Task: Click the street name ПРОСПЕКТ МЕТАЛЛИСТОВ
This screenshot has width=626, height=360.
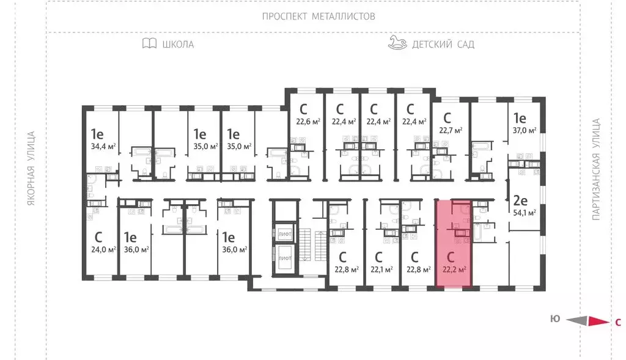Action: pyautogui.click(x=318, y=17)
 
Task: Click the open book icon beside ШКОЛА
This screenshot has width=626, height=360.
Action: pyautogui.click(x=149, y=43)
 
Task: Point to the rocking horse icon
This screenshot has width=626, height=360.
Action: pyautogui.click(x=397, y=42)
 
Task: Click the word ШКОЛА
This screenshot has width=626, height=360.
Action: pyautogui.click(x=178, y=44)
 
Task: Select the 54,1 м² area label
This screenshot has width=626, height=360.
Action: pyautogui.click(x=524, y=213)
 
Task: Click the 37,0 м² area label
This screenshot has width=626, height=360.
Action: pyautogui.click(x=524, y=130)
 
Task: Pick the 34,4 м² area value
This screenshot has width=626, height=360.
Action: pyautogui.click(x=103, y=146)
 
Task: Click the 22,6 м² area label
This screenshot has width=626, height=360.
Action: pyautogui.click(x=308, y=121)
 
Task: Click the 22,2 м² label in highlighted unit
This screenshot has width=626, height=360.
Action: pyautogui.click(x=454, y=268)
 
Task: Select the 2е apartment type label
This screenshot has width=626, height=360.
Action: pyautogui.click(x=520, y=200)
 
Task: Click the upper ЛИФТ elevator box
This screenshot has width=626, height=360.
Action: pyautogui.click(x=285, y=233)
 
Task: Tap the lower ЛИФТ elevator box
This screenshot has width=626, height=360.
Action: pyautogui.click(x=285, y=257)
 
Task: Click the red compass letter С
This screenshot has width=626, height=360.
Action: pyautogui.click(x=617, y=321)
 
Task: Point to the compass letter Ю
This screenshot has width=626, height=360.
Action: pyautogui.click(x=555, y=318)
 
